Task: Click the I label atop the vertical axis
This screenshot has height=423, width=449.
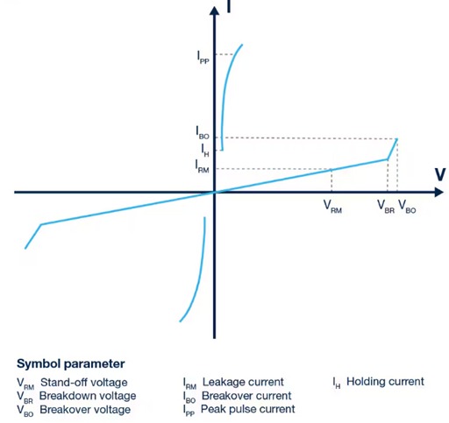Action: (229, 7)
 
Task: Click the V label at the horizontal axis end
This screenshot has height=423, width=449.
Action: (440, 174)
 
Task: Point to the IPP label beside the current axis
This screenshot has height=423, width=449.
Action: (203, 56)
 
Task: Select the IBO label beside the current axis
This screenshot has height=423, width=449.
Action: (203, 132)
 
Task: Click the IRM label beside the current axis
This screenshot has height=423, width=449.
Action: (202, 167)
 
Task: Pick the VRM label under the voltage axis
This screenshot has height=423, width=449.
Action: (332, 207)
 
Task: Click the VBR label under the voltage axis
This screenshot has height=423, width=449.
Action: (386, 207)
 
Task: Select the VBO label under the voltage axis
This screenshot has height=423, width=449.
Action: (408, 207)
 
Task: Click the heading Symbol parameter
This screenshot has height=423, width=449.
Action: (70, 363)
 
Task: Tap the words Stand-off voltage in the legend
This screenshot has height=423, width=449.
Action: (83, 382)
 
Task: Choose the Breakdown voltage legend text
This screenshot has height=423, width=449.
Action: (88, 396)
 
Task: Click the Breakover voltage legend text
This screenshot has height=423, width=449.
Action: (86, 410)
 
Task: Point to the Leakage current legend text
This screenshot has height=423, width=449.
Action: (243, 382)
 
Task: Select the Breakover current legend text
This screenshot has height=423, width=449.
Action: (246, 396)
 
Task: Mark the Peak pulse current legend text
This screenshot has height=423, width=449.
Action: (247, 409)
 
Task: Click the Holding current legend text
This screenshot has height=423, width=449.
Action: (385, 382)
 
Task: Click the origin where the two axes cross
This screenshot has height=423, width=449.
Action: (214, 192)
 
